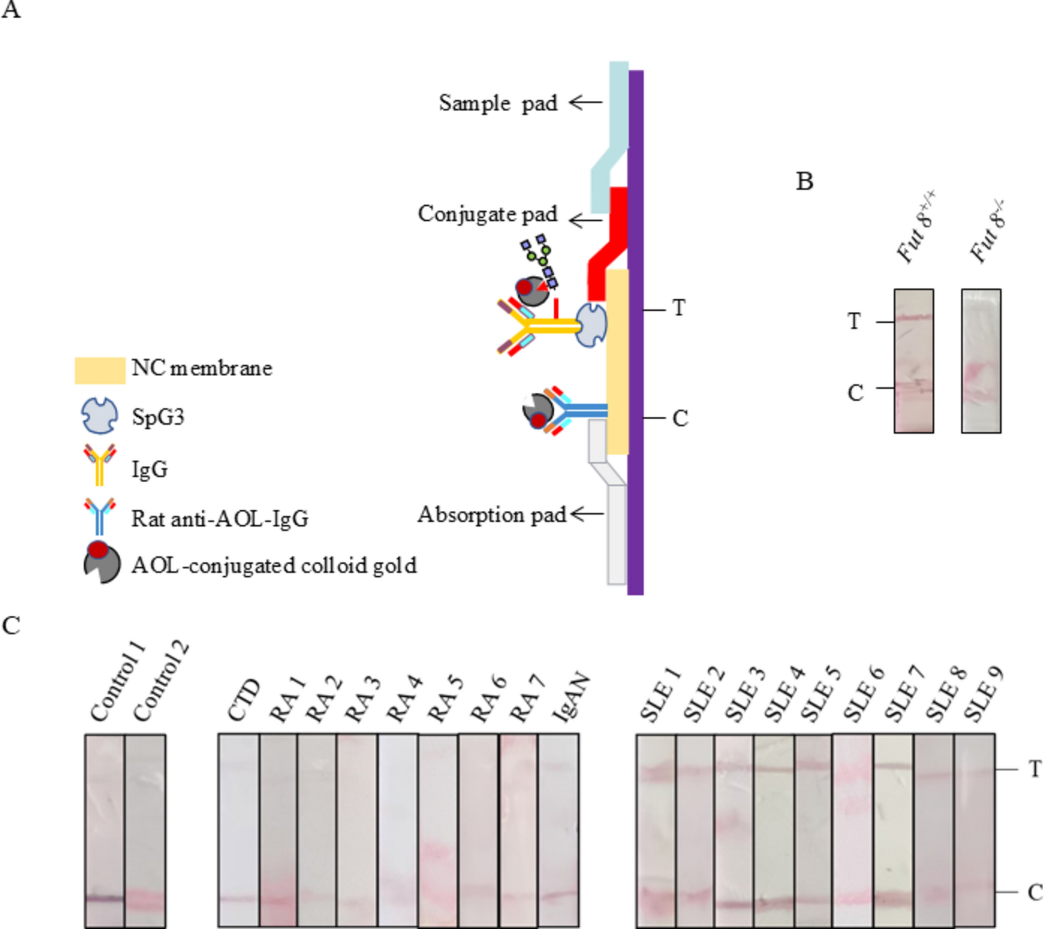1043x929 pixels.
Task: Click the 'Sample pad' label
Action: (x=498, y=103)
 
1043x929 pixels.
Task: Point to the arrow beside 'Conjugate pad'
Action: (x=585, y=220)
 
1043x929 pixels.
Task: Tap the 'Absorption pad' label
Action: (x=491, y=515)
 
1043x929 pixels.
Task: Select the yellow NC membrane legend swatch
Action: (x=100, y=370)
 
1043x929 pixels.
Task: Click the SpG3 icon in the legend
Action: (x=99, y=416)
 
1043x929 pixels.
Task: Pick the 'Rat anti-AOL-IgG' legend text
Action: (x=219, y=519)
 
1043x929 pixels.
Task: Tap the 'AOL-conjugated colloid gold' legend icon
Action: (x=101, y=563)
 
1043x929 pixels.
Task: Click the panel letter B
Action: (x=804, y=181)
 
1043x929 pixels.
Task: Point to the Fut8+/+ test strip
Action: (x=914, y=361)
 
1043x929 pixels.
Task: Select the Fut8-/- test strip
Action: (x=981, y=361)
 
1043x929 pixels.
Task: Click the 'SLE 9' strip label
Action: (x=984, y=695)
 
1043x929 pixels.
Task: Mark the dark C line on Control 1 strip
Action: (x=105, y=899)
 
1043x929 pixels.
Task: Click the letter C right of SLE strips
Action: (x=1034, y=893)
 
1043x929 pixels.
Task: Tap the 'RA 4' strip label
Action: (x=405, y=699)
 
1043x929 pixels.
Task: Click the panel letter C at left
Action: (x=11, y=625)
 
